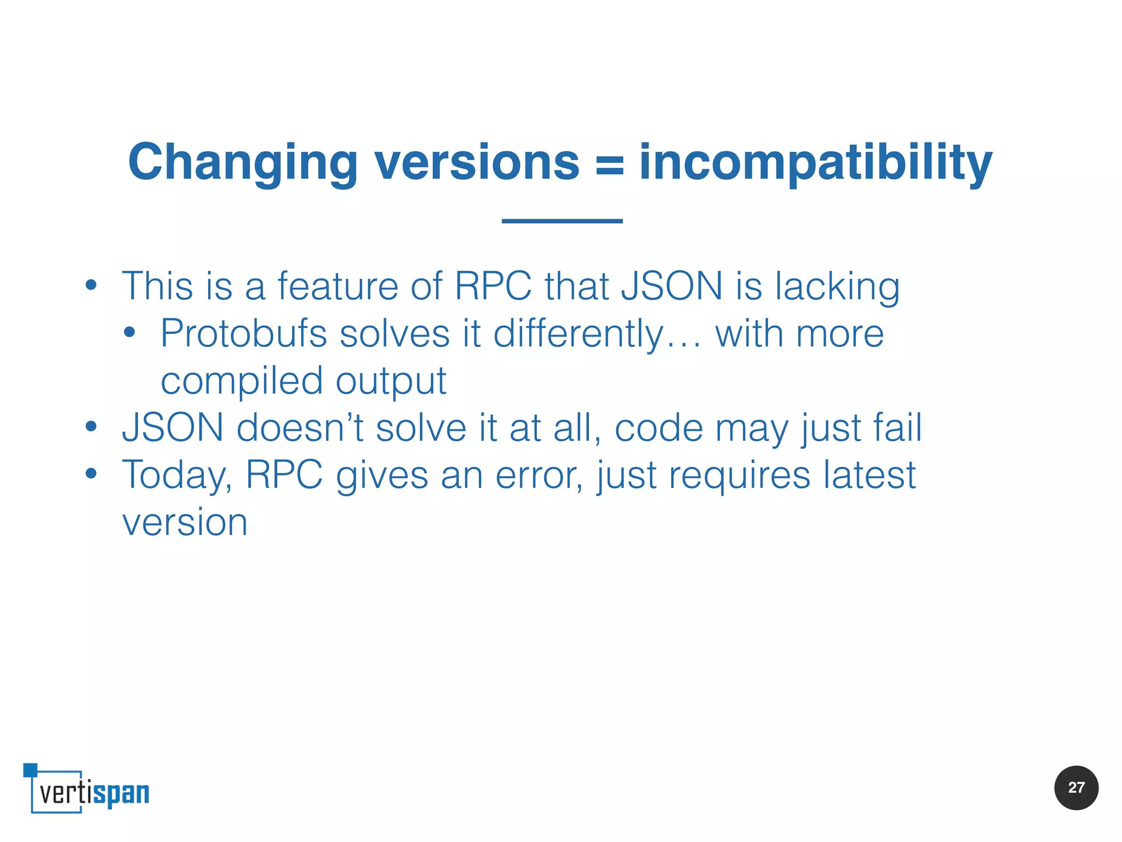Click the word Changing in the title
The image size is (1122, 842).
243,163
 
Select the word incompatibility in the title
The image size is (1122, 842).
816,163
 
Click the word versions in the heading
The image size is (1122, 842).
477,163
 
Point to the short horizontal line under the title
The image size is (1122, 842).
562,221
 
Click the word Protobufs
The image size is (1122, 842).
243,334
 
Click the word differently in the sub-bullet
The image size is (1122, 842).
578,334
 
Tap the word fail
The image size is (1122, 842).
897,428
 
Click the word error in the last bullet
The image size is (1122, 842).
539,475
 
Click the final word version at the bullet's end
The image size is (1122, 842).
185,522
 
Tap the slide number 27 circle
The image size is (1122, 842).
1076,788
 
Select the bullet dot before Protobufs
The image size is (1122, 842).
129,332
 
